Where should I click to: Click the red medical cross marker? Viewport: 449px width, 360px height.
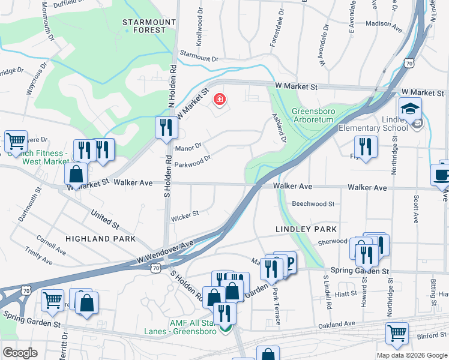click(220, 100)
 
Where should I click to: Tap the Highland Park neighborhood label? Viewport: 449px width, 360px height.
click(97, 239)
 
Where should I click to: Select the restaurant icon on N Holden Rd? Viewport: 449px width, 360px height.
click(164, 127)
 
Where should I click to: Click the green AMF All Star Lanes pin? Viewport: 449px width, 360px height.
click(225, 328)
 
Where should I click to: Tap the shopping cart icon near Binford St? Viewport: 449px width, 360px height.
click(397, 333)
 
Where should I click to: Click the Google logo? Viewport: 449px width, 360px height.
click(20, 353)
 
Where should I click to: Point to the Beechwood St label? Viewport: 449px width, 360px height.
click(313, 204)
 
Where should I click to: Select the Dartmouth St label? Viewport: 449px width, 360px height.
click(29, 205)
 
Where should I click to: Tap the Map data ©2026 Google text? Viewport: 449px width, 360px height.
click(412, 355)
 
